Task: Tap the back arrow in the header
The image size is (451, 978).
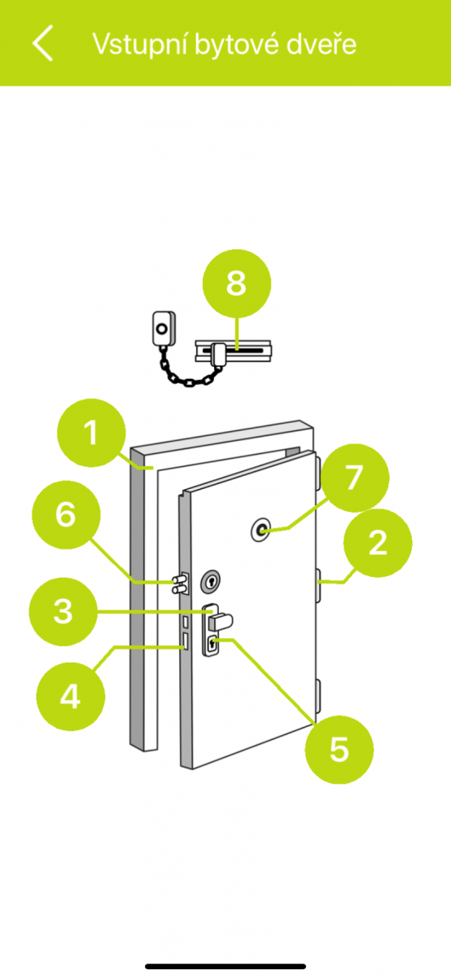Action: (43, 42)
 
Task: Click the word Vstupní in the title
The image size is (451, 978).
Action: (140, 45)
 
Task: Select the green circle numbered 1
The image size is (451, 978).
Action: (92, 433)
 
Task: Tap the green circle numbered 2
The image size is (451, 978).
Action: (378, 543)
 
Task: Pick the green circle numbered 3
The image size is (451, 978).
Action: (63, 612)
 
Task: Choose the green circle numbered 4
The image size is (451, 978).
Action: (70, 696)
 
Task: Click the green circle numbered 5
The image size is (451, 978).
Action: (339, 750)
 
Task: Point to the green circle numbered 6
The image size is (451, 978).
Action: (66, 515)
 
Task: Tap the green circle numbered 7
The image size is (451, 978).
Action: (355, 478)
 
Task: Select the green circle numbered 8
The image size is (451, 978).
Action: (237, 284)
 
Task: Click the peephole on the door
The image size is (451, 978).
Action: (261, 530)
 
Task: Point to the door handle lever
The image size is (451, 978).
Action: (221, 621)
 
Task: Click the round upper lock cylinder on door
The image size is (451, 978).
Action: (211, 582)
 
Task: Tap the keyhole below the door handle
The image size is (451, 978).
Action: (212, 644)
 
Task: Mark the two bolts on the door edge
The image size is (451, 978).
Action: (181, 584)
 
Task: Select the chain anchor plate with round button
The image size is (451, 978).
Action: (164, 328)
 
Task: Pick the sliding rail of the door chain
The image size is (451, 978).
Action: (233, 351)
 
